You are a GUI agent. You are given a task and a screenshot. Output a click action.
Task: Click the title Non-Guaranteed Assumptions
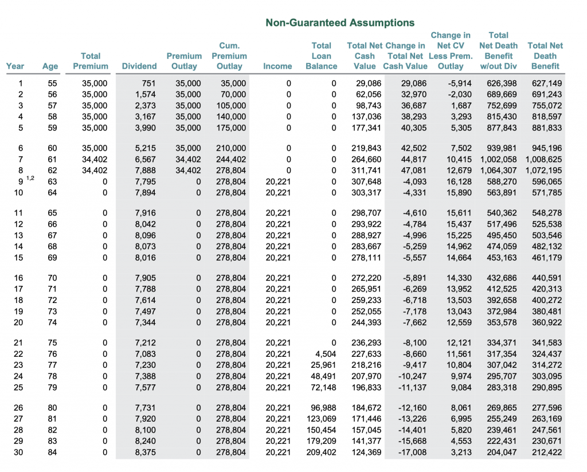point(340,23)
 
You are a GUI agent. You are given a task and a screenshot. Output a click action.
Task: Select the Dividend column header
point(139,66)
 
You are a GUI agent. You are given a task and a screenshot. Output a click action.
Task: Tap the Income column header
point(277,66)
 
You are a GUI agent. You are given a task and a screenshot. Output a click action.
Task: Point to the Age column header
point(50,66)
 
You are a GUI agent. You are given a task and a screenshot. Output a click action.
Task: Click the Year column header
point(15,66)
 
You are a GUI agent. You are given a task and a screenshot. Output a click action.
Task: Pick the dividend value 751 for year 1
point(148,84)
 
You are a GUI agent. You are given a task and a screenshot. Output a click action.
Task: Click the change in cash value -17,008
point(412,453)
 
